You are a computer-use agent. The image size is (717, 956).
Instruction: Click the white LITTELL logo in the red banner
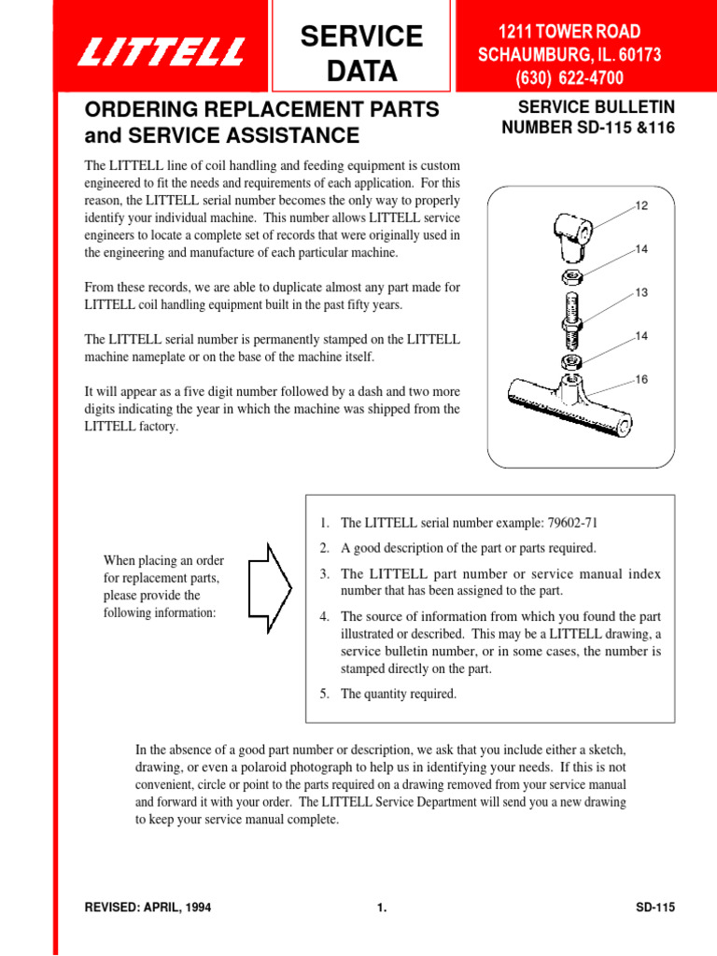[x=162, y=51]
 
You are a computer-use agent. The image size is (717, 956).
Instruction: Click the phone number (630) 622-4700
[x=569, y=77]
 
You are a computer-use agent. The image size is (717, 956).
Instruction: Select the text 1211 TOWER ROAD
[x=569, y=33]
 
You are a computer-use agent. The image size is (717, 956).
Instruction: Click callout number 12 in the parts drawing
[x=641, y=204]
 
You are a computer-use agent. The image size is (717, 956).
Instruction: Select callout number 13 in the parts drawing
[x=641, y=293]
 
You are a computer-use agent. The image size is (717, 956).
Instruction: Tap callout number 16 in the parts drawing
[x=641, y=380]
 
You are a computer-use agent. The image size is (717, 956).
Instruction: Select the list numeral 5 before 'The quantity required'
[x=324, y=694]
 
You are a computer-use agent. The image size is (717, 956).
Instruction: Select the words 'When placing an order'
[x=163, y=560]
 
